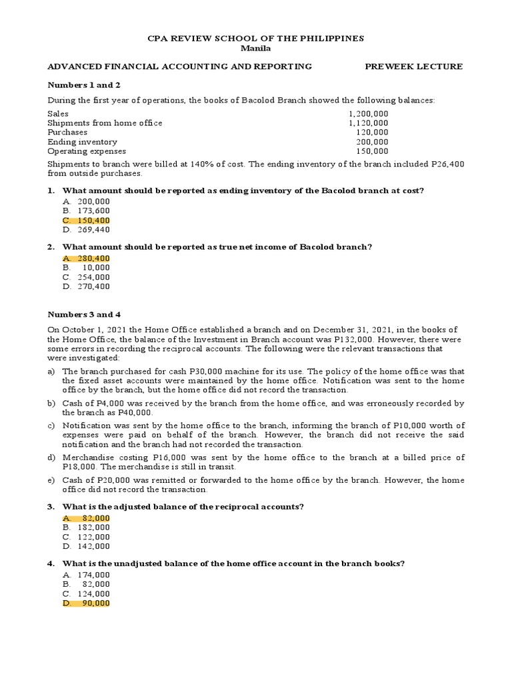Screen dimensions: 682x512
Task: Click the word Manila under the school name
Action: [x=255, y=48]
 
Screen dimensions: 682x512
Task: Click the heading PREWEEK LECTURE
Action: [x=413, y=67]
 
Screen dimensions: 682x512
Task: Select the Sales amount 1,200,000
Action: [x=368, y=114]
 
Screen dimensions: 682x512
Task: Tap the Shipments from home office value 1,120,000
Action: [x=368, y=123]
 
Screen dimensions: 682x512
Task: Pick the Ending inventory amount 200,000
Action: [x=373, y=142]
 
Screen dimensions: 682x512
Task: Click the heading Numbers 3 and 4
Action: [x=84, y=314]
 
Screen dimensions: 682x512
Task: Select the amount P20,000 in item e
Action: [x=117, y=480]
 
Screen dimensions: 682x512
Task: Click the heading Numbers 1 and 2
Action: [x=84, y=85]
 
